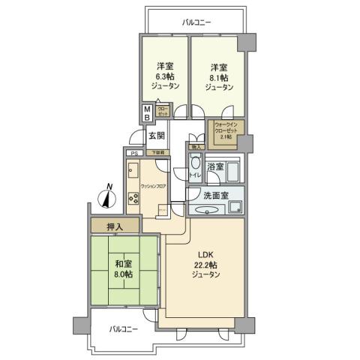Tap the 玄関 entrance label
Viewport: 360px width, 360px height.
tap(157, 136)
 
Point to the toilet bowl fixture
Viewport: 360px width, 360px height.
tap(195, 164)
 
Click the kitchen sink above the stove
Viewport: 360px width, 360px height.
tap(132, 169)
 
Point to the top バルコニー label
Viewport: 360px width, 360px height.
tap(197, 22)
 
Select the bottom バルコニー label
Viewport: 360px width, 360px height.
tap(122, 328)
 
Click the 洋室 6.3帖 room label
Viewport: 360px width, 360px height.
tap(164, 74)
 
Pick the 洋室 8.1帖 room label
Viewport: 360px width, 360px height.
tap(217, 74)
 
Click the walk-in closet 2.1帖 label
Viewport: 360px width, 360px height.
tap(226, 131)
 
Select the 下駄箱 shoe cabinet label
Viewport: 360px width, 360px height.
tap(158, 153)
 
